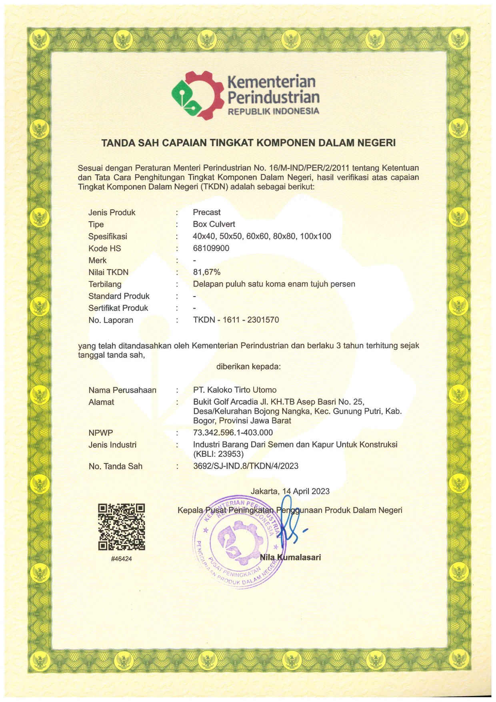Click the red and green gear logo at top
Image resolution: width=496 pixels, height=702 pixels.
coord(197,95)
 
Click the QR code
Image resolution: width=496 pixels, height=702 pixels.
coord(121,526)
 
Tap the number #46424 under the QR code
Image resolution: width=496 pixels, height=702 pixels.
coord(121,559)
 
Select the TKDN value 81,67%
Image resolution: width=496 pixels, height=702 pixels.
coord(206,272)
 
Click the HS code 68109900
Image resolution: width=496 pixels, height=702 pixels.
coord(211,248)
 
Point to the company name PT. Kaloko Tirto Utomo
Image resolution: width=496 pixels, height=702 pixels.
coord(235,390)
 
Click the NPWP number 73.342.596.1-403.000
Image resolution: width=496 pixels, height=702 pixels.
coord(233,433)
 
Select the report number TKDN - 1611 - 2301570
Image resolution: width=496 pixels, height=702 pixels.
coord(236,320)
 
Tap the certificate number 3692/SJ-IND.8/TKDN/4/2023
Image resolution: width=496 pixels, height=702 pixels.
coord(246,466)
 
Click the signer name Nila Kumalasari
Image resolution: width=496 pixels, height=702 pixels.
coord(290,557)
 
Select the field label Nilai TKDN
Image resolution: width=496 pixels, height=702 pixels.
coord(108,272)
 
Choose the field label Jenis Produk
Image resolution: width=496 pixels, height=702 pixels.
coord(112,213)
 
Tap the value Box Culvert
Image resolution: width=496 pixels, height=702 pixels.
coord(214,224)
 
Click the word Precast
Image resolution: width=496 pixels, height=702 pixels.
coord(207,212)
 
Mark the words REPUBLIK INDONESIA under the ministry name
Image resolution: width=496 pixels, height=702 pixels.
coord(274,111)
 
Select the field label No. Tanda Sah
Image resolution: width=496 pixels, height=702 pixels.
coord(116,466)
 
